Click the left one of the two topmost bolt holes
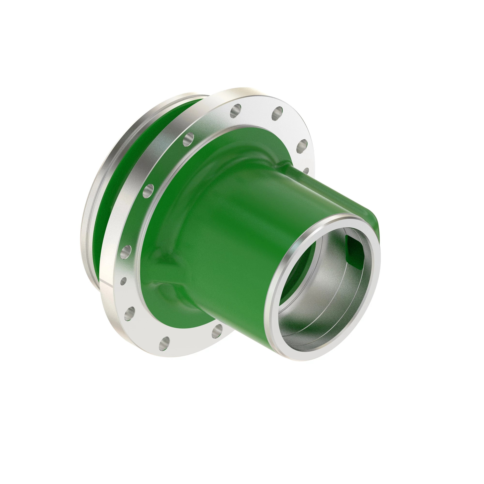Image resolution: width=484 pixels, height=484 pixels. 235,111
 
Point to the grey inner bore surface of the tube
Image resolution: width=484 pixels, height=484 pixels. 323,308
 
